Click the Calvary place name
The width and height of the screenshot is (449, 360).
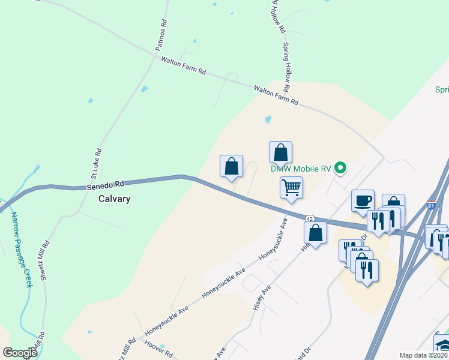pyautogui.click(x=114, y=199)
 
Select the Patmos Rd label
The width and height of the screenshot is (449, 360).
pyautogui.click(x=161, y=34)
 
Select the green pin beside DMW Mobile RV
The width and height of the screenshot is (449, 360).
pyautogui.click(x=340, y=167)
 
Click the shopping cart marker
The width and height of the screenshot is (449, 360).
pyautogui.click(x=291, y=187)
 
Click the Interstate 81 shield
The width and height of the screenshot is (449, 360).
pyautogui.click(x=431, y=206)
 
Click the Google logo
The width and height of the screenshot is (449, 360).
pyautogui.click(x=20, y=353)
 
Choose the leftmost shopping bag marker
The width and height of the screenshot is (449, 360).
pyautogui.click(x=231, y=166)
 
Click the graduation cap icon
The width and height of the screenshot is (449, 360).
pyautogui.click(x=442, y=346)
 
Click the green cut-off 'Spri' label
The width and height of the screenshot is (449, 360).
pyautogui.click(x=442, y=90)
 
